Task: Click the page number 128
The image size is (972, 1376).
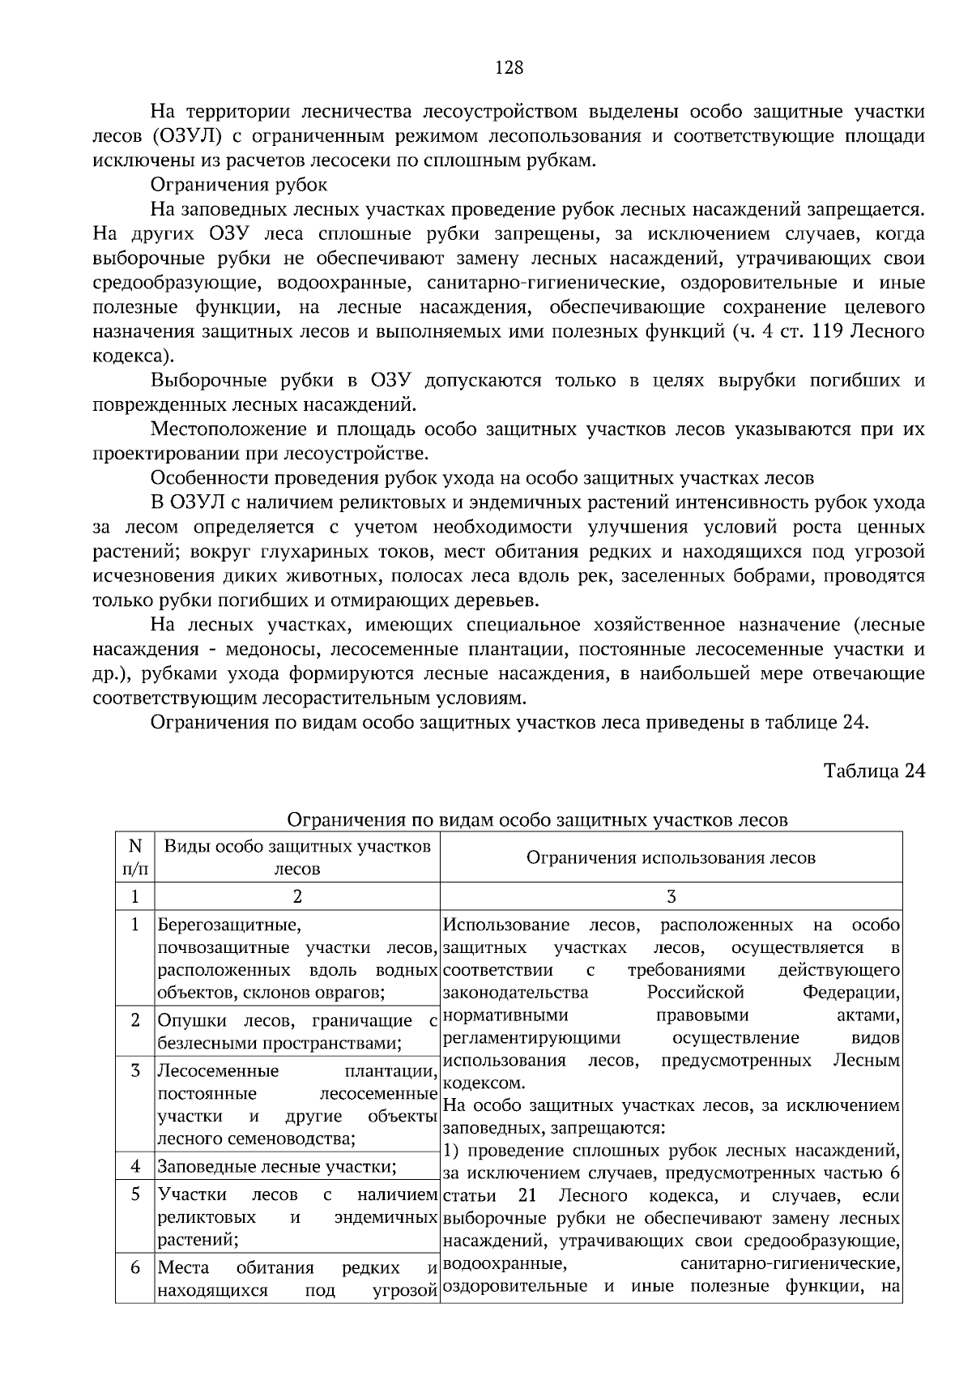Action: [509, 68]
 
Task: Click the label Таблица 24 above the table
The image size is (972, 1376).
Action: [874, 770]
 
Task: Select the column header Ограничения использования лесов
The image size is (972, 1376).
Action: [671, 857]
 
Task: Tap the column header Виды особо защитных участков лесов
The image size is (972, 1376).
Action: [297, 857]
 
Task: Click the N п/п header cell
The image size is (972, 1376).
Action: [134, 857]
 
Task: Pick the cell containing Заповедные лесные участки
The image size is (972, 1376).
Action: [276, 1167]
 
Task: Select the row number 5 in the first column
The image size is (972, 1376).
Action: [135, 1194]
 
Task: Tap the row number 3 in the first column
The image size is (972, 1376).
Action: [135, 1070]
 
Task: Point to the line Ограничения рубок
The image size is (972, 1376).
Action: [239, 185]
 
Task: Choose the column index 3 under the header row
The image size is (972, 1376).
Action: [671, 896]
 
